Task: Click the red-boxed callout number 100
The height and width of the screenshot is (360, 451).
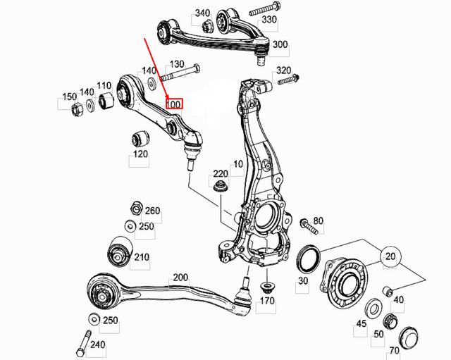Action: tap(173, 104)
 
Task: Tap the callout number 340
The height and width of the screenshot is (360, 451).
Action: tap(202, 13)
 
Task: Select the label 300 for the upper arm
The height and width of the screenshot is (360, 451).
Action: tap(280, 44)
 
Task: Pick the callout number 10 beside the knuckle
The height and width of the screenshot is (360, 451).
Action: tap(237, 163)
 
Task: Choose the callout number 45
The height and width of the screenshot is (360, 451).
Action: tap(361, 324)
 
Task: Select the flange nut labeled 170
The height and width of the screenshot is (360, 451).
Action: tap(267, 288)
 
